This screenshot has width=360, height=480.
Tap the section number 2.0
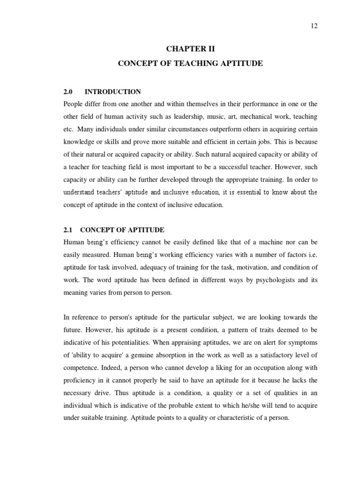click(x=68, y=91)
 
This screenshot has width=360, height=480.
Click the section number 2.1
click(x=68, y=230)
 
